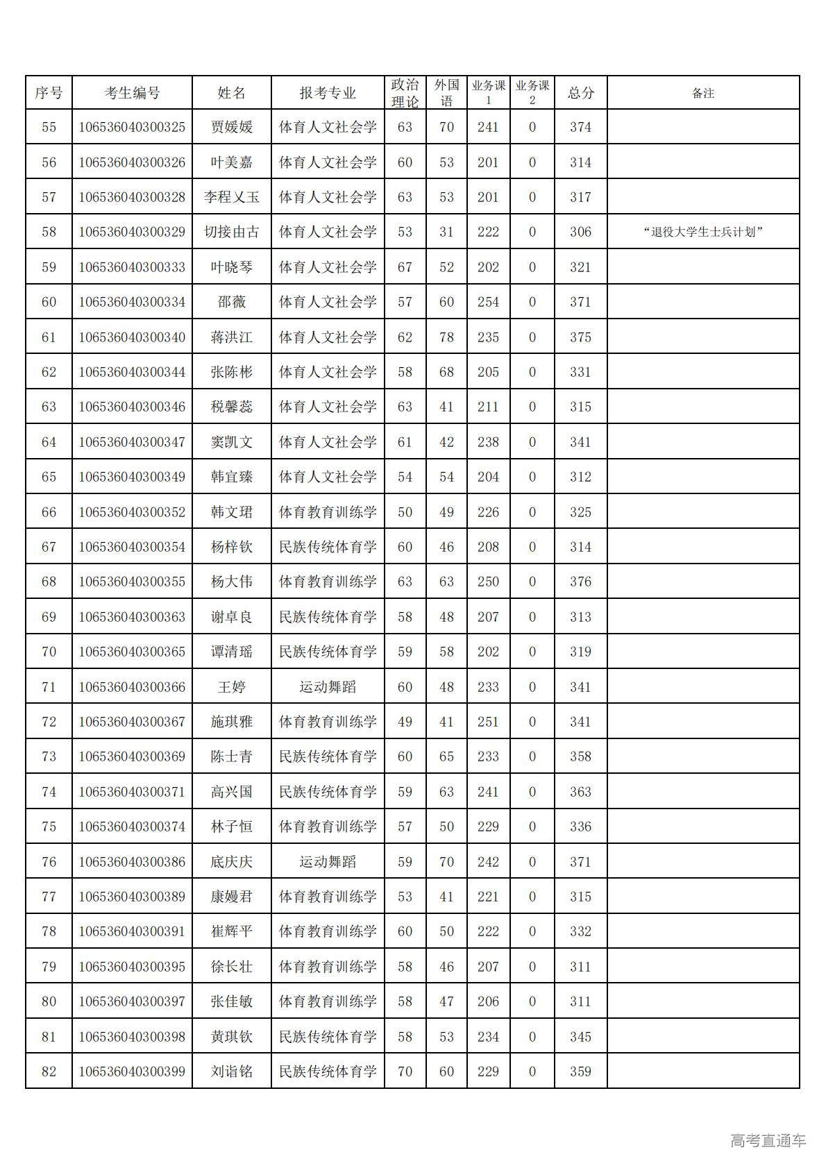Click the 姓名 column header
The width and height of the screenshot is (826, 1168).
231,93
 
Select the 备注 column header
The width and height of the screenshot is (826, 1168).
702,93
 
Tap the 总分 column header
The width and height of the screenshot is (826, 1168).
580,93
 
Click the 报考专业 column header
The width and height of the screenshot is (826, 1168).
327,93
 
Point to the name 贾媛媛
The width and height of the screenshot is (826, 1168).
231,127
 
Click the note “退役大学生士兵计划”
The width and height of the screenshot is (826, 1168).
702,232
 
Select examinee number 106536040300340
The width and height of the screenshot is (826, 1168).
132,337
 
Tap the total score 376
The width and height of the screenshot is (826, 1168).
580,582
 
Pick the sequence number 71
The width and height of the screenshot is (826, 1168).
49,687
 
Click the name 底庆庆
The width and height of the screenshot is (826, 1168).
231,862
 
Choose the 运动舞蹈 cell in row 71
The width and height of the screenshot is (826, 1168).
327,687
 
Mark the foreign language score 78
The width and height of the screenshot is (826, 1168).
446,337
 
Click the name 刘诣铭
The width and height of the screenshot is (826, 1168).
231,1072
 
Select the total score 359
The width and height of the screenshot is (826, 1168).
580,1072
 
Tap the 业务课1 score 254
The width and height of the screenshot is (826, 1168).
488,302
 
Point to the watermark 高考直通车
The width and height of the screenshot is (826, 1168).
768,1140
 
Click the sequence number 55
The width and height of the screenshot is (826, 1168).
49,127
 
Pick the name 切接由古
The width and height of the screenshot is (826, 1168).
231,232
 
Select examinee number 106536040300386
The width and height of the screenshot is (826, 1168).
132,862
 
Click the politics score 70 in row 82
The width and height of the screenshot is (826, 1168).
405,1072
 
